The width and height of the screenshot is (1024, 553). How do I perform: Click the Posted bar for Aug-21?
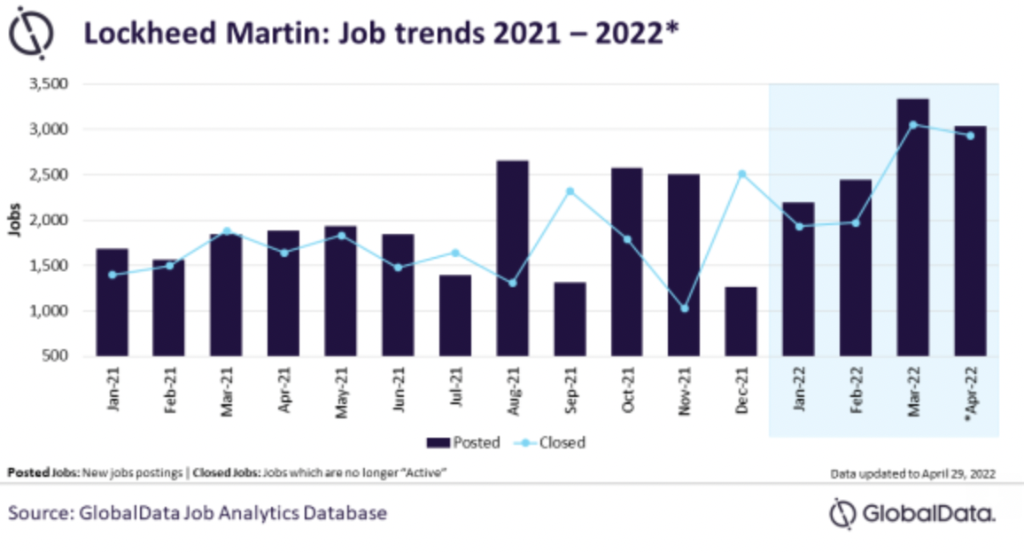click(x=512, y=258)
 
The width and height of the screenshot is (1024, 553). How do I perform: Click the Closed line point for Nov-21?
click(x=684, y=308)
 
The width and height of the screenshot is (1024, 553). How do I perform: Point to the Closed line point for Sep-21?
click(x=570, y=191)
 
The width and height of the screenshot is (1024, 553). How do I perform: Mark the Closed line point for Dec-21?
click(x=741, y=174)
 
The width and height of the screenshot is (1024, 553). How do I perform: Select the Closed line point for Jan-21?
click(x=112, y=275)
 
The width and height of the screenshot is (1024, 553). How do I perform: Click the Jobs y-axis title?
click(x=16, y=221)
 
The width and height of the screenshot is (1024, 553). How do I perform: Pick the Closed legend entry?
click(x=554, y=442)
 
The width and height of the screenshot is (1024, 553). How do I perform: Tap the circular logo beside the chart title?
click(x=33, y=35)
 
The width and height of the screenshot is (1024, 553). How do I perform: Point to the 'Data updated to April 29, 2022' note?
click(x=912, y=474)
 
